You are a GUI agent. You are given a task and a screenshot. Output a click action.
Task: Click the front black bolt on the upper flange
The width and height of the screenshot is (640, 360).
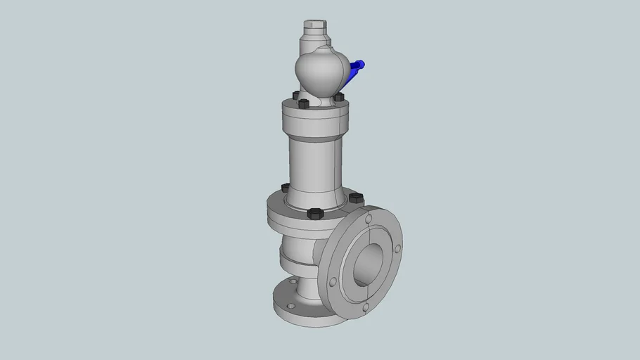point(304,104)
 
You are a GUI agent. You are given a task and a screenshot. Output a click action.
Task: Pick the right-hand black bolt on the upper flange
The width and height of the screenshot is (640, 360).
point(338,96)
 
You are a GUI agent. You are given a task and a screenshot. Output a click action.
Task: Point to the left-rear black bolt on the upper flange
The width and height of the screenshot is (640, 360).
point(295,94)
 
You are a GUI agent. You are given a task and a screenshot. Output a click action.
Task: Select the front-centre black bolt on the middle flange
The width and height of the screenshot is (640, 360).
point(314,212)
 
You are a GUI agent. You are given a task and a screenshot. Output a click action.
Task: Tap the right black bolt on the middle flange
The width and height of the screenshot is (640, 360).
point(355,198)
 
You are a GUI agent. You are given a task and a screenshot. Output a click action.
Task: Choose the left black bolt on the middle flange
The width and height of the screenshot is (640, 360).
point(286,188)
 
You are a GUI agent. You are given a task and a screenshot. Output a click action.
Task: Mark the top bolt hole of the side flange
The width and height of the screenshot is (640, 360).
point(369,219)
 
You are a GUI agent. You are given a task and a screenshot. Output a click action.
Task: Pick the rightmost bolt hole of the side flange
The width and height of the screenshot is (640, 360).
point(397,249)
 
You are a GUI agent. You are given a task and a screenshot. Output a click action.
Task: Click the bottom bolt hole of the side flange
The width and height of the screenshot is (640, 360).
point(365,307)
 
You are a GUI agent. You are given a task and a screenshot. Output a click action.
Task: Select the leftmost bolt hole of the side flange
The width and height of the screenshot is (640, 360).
point(333,282)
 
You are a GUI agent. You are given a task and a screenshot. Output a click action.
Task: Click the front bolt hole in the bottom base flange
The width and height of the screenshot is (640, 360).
point(288,307)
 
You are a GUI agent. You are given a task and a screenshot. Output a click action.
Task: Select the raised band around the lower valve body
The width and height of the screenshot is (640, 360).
point(295,260)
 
